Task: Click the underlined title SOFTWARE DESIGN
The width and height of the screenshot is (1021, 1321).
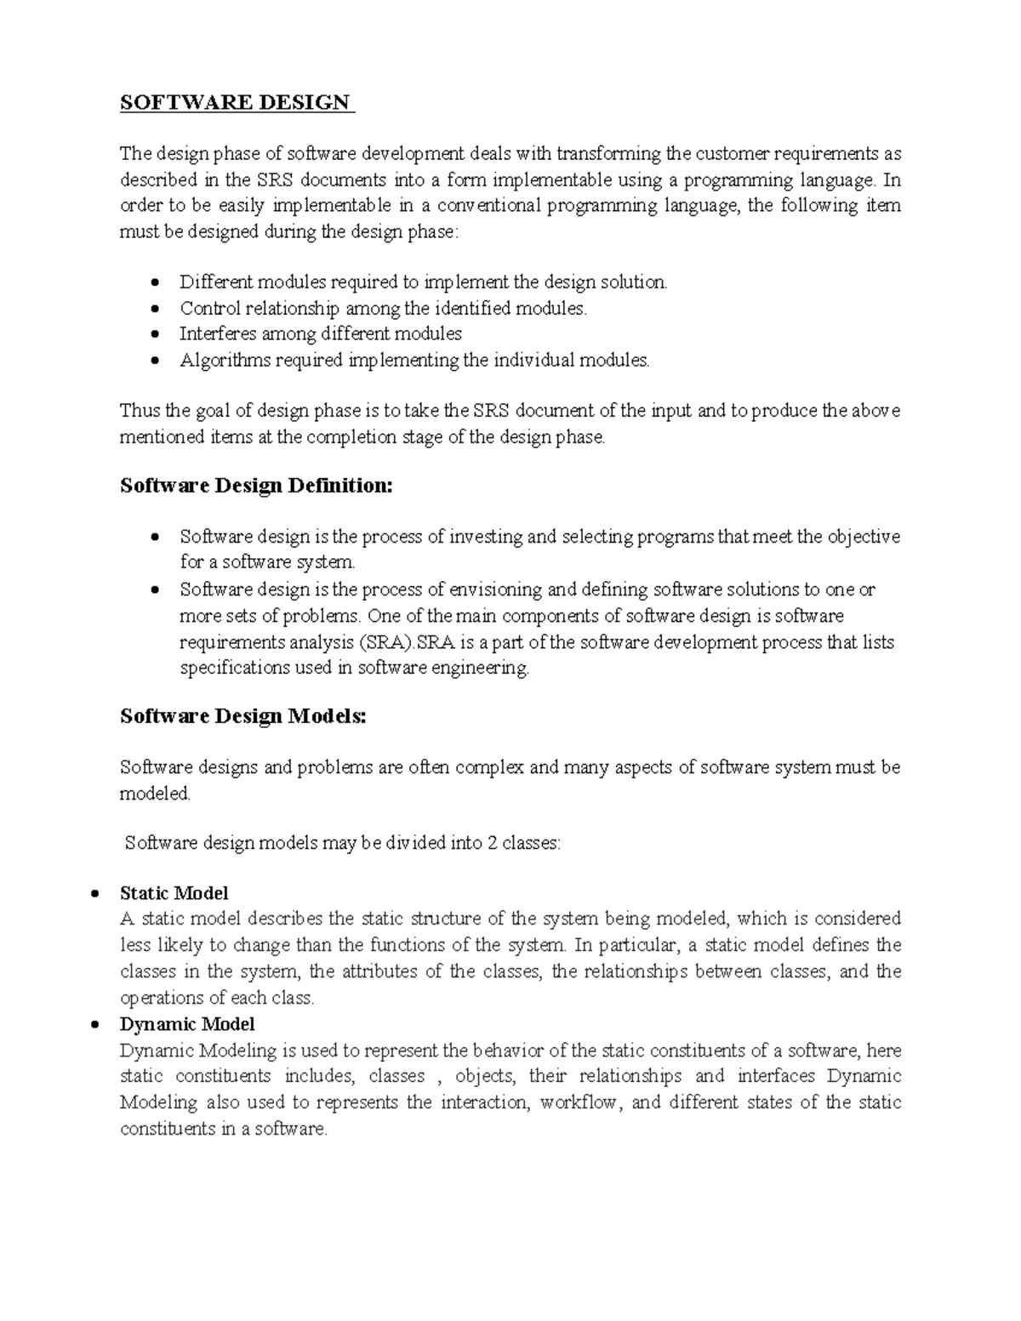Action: click(x=236, y=103)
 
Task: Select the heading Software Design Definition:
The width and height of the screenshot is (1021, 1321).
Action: click(x=256, y=486)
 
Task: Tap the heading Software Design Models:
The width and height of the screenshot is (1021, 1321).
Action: click(x=242, y=716)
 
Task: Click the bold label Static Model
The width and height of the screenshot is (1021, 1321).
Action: click(x=174, y=893)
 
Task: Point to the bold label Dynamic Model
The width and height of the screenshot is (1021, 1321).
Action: click(x=187, y=1024)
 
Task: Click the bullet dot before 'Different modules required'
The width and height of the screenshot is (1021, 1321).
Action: click(x=154, y=282)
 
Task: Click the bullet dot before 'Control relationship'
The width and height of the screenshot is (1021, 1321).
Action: click(x=154, y=309)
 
